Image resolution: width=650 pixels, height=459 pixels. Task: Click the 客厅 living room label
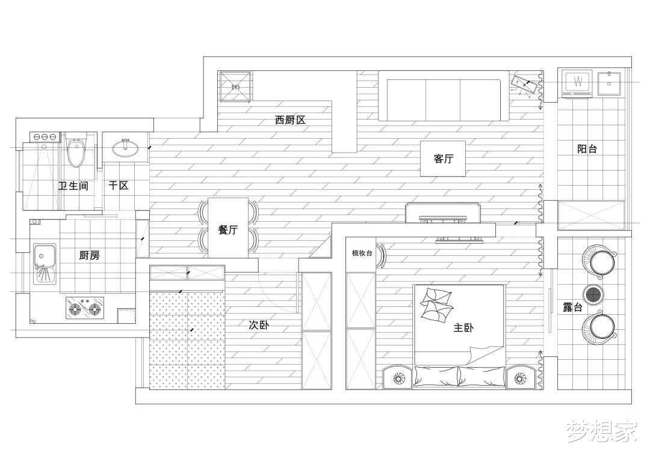coord(443,159)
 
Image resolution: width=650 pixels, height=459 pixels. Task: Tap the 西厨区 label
coord(290,120)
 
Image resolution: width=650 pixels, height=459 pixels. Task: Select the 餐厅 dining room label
coord(228,229)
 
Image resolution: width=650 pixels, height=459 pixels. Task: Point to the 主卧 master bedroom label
coord(463,328)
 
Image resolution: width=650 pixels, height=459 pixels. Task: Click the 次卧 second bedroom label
coord(259,325)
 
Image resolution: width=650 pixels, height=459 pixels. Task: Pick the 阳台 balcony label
coord(587,149)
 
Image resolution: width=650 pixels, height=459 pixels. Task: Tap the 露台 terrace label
coord(572,307)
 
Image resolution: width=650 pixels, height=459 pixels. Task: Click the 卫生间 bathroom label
coord(73,186)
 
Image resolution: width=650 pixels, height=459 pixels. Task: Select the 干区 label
coord(119,186)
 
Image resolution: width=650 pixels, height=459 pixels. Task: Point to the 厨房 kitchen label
coord(89,255)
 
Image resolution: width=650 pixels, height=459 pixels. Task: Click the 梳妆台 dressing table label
coord(362,254)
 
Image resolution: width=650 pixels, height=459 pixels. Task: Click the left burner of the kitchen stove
coord(76,309)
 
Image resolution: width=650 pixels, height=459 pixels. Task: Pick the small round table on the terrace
coord(593,294)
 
